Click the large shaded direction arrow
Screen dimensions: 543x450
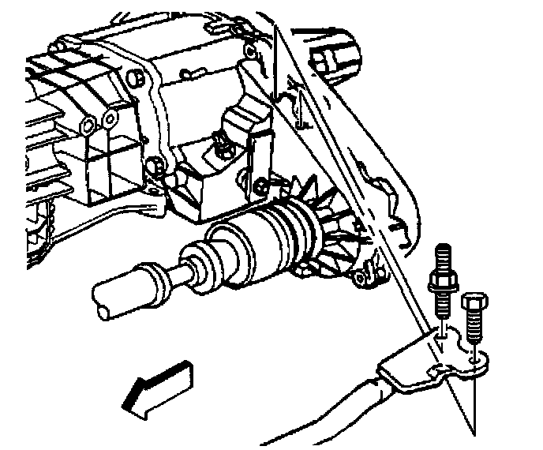pos(158,387)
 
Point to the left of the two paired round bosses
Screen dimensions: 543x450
pos(88,124)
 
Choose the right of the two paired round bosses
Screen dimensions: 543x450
pos(109,121)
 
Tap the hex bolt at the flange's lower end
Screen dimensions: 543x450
pos(157,167)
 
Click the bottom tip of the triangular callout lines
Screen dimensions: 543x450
pos(474,433)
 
